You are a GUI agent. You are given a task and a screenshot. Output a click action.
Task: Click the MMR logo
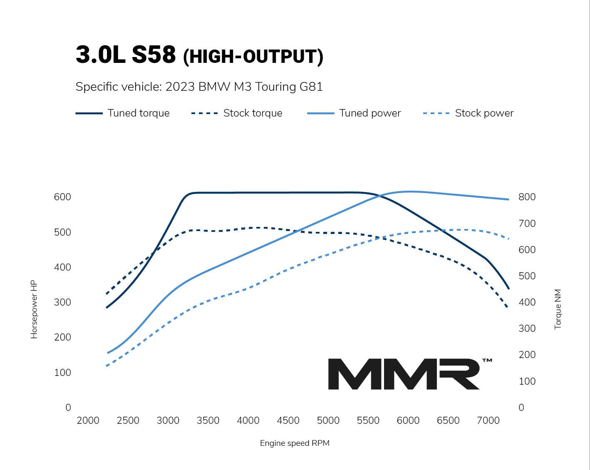click(404, 374)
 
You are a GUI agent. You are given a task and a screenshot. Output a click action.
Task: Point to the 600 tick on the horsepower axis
click(62, 197)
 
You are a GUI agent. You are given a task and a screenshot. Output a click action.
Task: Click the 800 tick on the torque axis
click(527, 197)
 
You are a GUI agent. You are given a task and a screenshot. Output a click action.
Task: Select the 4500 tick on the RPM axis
click(288, 420)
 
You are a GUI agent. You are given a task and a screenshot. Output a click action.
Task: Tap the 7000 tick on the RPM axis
click(488, 420)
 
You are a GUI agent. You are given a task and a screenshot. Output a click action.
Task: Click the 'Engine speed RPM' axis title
click(295, 443)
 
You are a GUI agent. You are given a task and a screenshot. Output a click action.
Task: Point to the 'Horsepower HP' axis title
click(34, 309)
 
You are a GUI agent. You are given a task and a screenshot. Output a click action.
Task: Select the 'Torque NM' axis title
click(558, 309)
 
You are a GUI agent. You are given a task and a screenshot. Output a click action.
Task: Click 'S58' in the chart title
click(154, 55)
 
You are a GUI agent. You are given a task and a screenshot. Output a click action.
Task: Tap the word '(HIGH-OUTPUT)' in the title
click(253, 57)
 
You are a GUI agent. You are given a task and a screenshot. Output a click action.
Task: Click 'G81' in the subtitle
click(311, 87)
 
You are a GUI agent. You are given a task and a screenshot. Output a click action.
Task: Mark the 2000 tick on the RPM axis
click(88, 420)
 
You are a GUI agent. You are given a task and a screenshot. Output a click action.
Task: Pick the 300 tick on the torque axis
click(527, 328)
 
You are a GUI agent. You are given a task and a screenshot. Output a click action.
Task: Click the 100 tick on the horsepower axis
click(62, 373)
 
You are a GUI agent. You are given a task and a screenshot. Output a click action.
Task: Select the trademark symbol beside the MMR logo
click(487, 361)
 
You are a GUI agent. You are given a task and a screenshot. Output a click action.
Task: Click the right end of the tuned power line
click(508, 199)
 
